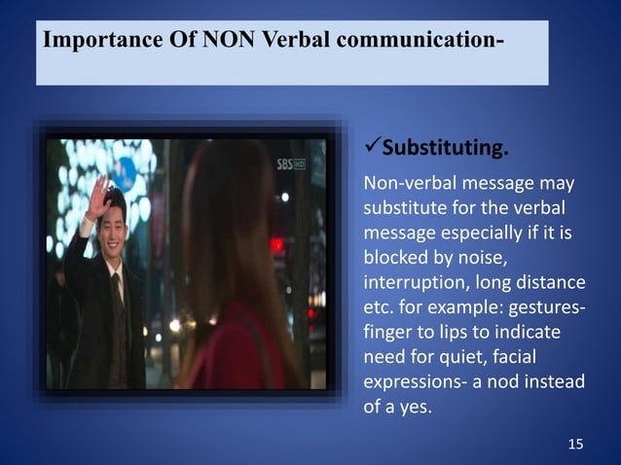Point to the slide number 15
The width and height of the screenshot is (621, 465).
point(575,445)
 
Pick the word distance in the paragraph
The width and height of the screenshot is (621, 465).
point(551,283)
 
